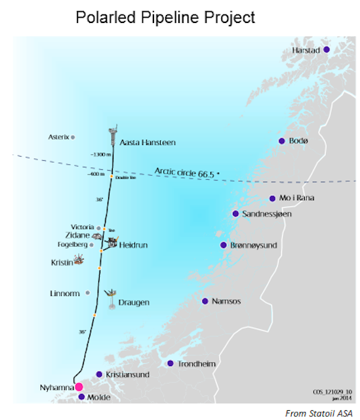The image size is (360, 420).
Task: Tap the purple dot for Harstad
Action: click(x=326, y=50)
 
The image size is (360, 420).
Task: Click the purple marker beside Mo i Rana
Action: click(x=273, y=198)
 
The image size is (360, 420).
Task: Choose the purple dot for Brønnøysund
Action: click(x=223, y=245)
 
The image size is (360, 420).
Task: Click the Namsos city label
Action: click(x=226, y=301)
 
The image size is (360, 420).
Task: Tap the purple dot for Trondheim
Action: click(x=170, y=363)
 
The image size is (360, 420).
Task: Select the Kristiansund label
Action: click(x=128, y=375)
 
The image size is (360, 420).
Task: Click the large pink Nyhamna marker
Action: click(x=79, y=387)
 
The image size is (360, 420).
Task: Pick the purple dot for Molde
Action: click(x=81, y=397)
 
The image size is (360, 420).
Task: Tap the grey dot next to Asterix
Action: click(x=73, y=137)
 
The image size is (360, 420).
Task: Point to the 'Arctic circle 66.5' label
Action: click(x=186, y=172)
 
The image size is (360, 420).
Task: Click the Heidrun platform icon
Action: click(x=112, y=243)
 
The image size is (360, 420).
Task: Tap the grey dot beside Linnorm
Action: click(x=88, y=293)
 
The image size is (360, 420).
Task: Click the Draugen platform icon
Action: click(x=112, y=295)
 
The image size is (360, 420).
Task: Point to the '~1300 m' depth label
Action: click(x=100, y=154)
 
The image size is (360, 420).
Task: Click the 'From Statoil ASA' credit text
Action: click(x=317, y=412)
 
